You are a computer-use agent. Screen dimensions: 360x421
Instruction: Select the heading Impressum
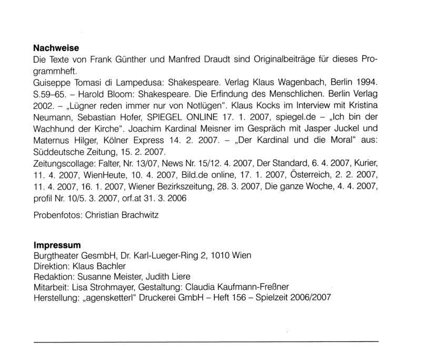tap(57, 245)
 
